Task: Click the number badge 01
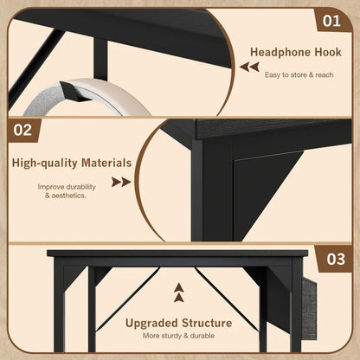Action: [x=331, y=21]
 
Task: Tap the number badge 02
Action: [x=22, y=130]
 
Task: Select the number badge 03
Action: [x=335, y=259]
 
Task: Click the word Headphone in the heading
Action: [x=280, y=52]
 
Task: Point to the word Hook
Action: [x=328, y=52]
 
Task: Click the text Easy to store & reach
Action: [x=299, y=75]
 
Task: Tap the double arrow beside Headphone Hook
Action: [x=249, y=67]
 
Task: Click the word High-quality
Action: [x=45, y=163]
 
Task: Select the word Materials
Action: [x=106, y=163]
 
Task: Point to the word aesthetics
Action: [x=69, y=196]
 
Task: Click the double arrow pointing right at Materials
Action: [x=121, y=182]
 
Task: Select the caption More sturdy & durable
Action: [x=178, y=336]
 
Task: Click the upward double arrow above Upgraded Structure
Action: [x=179, y=292]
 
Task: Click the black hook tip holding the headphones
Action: [x=71, y=92]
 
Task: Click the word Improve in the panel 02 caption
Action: [x=49, y=187]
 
